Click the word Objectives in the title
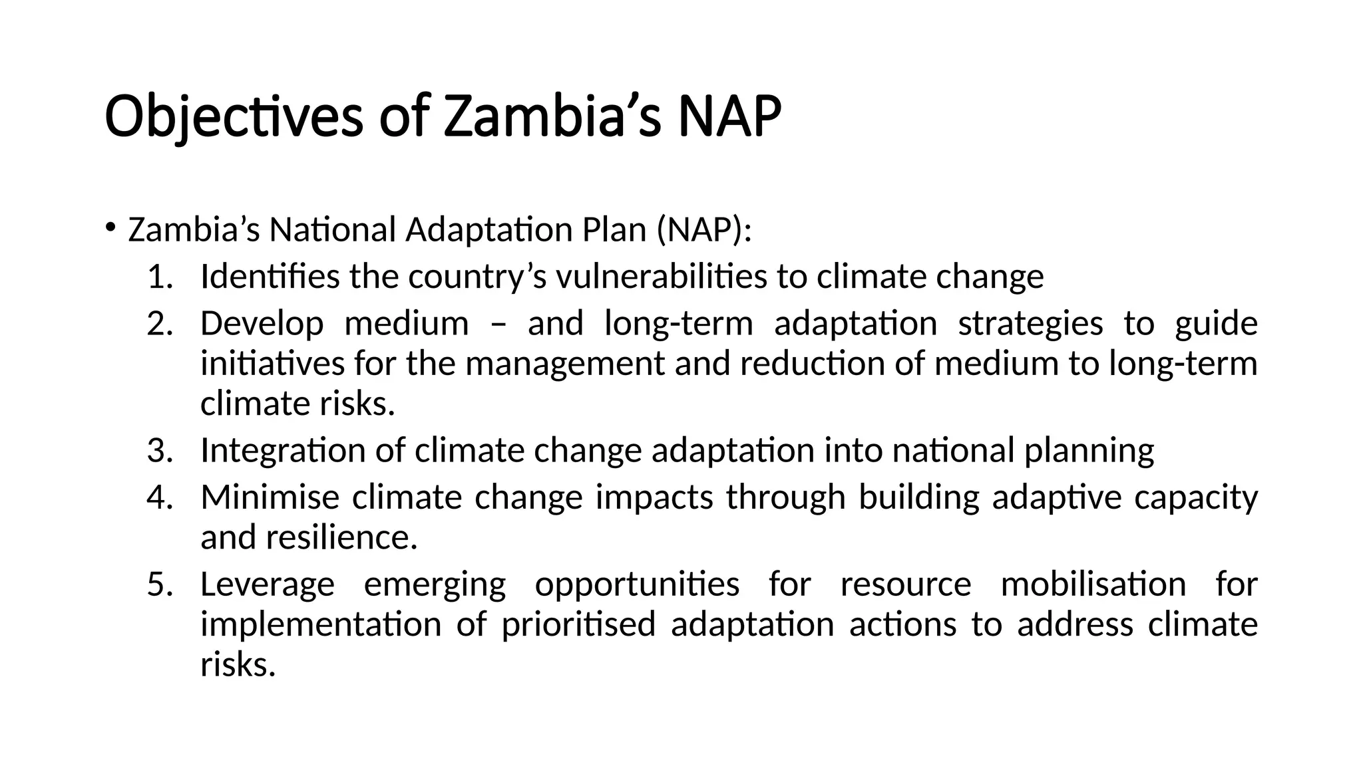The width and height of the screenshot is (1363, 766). click(234, 118)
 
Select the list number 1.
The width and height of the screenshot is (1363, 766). click(159, 277)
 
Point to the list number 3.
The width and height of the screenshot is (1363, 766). click(159, 450)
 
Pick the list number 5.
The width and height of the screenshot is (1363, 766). click(159, 584)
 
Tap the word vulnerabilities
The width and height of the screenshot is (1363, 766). click(662, 277)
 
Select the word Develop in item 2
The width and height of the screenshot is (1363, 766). click(262, 324)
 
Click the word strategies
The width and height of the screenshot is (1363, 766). click(1030, 324)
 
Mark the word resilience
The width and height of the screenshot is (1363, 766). click(341, 537)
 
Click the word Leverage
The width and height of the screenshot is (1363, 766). click(268, 584)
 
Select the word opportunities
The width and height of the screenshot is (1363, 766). click(637, 584)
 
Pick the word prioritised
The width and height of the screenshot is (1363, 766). click(578, 625)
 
